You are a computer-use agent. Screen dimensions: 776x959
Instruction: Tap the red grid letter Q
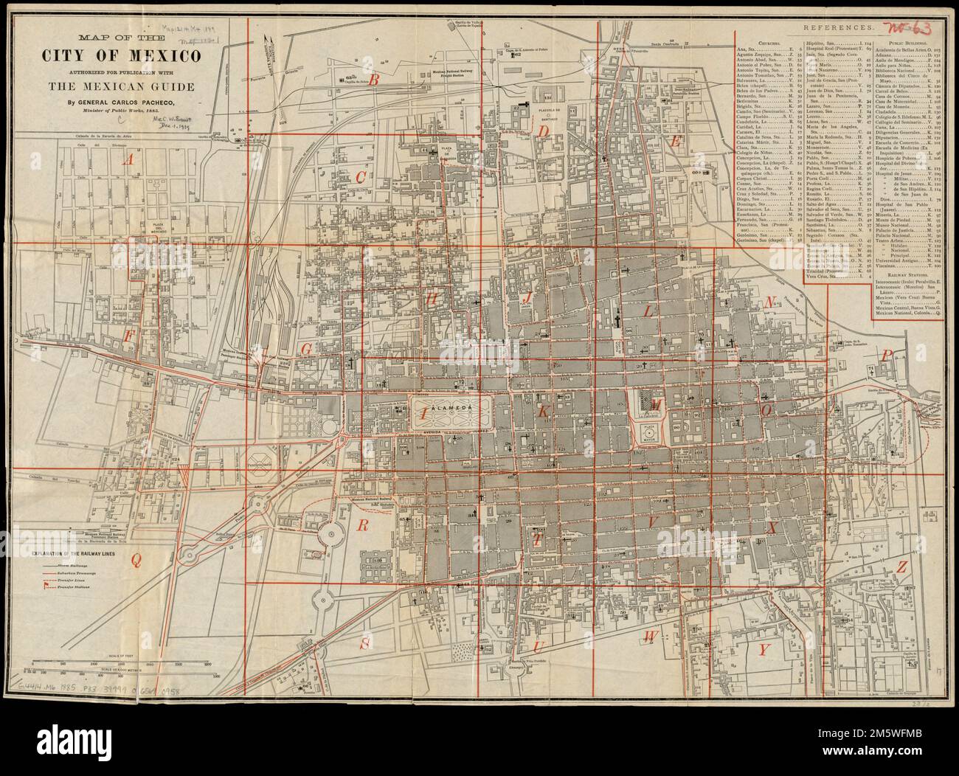click(136, 560)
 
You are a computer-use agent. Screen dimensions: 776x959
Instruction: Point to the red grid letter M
click(657, 404)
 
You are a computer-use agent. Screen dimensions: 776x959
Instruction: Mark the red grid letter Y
click(764, 649)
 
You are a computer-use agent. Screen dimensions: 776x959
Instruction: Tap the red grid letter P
click(888, 354)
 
